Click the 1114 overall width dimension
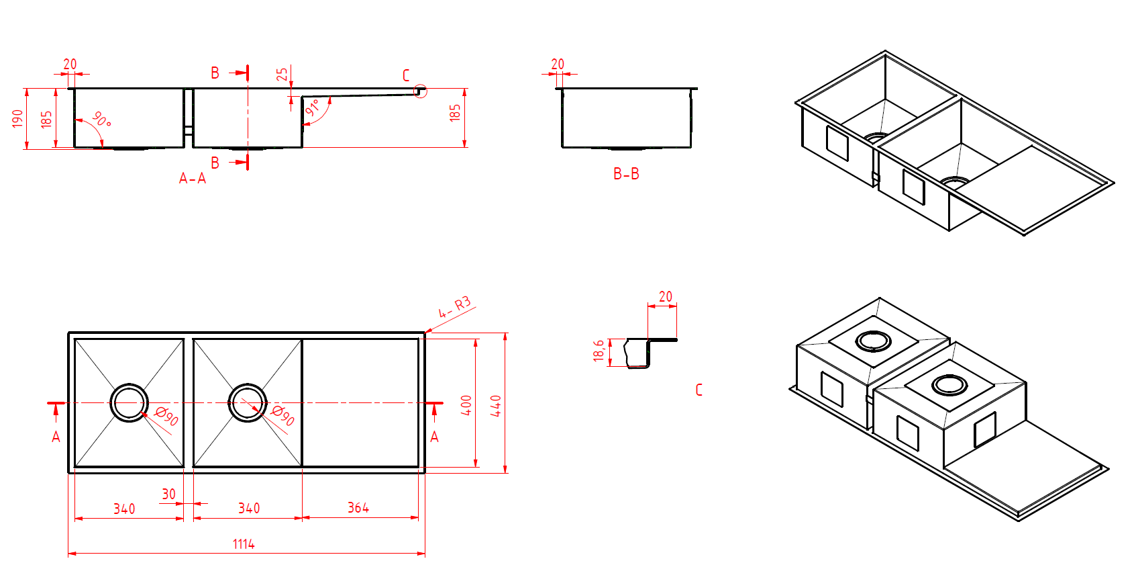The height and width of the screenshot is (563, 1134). [x=244, y=544]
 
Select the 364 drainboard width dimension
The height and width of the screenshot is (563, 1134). [x=358, y=507]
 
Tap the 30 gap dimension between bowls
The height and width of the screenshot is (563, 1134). [x=168, y=494]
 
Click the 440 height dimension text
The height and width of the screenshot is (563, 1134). [x=496, y=405]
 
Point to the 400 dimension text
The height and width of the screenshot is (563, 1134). [x=466, y=405]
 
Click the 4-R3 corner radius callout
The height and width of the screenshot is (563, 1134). [x=454, y=307]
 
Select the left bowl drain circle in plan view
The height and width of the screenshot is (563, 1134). [x=129, y=402]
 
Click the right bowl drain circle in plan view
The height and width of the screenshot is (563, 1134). [x=248, y=402]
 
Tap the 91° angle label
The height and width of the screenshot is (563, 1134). [x=313, y=107]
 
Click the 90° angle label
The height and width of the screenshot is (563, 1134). [x=101, y=120]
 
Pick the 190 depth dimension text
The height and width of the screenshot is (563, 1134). [x=17, y=118]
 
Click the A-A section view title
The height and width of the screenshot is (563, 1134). [x=193, y=178]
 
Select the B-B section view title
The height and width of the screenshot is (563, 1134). [x=626, y=173]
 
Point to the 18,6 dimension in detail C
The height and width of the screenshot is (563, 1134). [x=599, y=350]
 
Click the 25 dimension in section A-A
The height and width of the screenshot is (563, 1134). [x=282, y=74]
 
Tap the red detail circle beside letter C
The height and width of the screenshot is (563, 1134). [x=420, y=91]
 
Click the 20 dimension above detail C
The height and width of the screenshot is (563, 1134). [x=665, y=296]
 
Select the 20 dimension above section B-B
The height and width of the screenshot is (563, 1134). [x=558, y=64]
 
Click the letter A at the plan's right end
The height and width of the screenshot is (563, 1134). [x=434, y=437]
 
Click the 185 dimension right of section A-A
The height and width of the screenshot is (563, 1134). [x=455, y=112]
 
